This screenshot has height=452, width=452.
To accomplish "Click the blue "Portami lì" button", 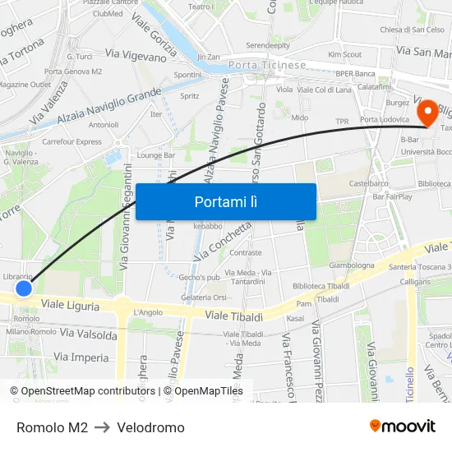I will point(225,201).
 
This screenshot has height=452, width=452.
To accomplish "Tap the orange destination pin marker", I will point(427,113).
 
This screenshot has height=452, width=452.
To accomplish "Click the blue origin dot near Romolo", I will point(24,288).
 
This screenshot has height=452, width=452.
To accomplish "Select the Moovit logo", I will point(402,426).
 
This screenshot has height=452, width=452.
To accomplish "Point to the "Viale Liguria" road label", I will point(71,306).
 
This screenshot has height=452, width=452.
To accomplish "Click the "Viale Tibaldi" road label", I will point(233,316).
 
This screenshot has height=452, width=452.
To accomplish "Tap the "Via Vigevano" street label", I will point(137,55).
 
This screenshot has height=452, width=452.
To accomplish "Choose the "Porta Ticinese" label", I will point(267,65).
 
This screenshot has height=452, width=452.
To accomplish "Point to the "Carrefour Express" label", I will point(71,141).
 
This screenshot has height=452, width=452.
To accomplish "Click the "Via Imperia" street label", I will point(81,357).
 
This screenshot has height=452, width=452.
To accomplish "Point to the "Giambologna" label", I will point(352,265).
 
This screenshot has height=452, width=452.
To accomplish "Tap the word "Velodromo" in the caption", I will point(150,427).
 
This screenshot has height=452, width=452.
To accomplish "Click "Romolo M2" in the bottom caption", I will point(52,427).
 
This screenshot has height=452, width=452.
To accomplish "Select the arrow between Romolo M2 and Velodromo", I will point(103,427).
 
